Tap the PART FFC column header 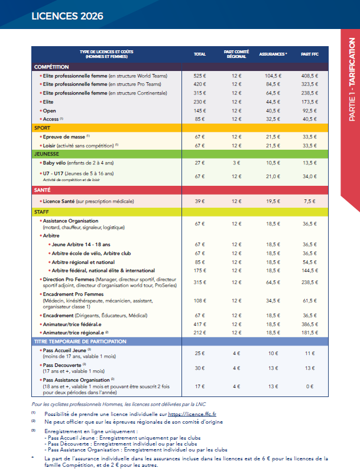coord(309,54)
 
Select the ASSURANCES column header coord(273,54)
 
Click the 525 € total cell coord(200,76)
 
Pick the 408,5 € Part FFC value coord(309,76)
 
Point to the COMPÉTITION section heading coord(53,67)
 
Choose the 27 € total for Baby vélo coord(200,163)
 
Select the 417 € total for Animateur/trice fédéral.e coord(200,324)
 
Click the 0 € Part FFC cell coord(309,386)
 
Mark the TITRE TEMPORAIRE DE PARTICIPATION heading coord(80,341)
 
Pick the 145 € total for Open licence coord(200,111)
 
